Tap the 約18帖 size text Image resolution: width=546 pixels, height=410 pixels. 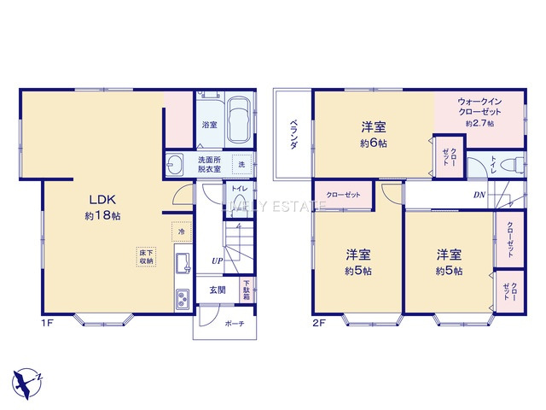point(102,217)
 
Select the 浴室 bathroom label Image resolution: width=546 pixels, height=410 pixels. point(209,125)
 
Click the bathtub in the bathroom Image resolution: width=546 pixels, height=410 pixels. point(239,120)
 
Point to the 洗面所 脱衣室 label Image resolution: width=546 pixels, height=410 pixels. point(209,165)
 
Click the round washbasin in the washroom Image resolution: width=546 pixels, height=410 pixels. point(177,165)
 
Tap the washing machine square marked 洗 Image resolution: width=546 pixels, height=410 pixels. point(241,163)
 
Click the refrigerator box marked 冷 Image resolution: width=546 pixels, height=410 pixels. point(181,230)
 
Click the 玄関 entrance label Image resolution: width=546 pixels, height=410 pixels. point(218,290)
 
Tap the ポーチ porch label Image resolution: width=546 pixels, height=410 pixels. point(234,324)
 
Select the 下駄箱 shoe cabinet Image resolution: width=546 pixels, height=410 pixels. point(246,289)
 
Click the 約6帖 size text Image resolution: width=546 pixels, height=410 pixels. point(373,143)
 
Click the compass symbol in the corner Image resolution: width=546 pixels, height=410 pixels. point(26,379)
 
